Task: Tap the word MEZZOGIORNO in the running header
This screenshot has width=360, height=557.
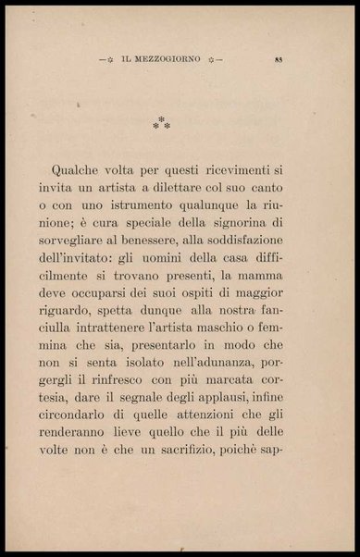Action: pyautogui.click(x=173, y=62)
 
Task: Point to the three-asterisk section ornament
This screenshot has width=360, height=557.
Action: pyautogui.click(x=162, y=123)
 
